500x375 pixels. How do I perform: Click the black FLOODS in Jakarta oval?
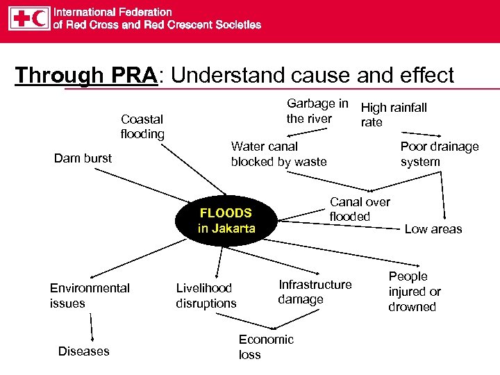(226, 221)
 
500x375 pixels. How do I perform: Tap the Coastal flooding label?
(142, 126)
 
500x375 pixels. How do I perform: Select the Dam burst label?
(83, 158)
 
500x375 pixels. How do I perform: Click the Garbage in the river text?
(317, 111)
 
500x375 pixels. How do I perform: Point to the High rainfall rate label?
(393, 115)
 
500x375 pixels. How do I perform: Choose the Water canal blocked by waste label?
(278, 154)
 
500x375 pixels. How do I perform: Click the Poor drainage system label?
(439, 154)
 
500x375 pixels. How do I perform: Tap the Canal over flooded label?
(359, 209)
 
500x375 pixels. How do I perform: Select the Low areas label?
(433, 229)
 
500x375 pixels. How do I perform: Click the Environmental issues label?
(90, 295)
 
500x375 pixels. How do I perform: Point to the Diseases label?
(83, 351)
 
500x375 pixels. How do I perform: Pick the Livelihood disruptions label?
(206, 295)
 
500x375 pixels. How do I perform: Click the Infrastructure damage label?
(315, 292)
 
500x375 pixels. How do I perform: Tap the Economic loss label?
(265, 347)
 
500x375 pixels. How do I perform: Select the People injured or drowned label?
(414, 292)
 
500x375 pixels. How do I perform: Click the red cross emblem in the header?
(20, 19)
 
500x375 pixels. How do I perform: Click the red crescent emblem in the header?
(40, 19)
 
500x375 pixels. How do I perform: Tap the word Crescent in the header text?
(188, 25)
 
